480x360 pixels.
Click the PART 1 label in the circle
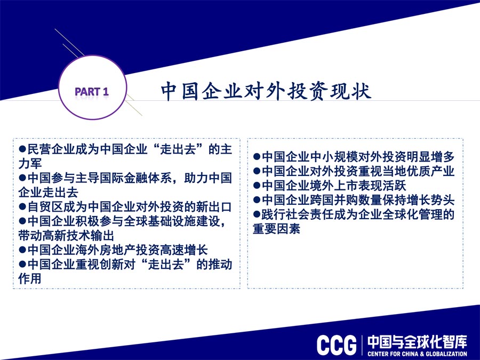[92, 91]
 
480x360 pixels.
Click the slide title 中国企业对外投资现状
[266, 91]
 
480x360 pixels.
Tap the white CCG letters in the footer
[337, 345]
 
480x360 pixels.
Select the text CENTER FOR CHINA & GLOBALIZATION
[417, 354]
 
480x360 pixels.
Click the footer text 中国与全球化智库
[417, 342]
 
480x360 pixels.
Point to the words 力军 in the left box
[30, 164]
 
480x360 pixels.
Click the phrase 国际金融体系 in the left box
[135, 178]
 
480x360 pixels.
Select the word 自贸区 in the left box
[45, 207]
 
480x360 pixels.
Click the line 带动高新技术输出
[66, 236]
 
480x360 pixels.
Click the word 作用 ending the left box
[30, 278]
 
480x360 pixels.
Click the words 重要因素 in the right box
[276, 229]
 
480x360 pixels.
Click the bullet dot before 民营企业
[22, 149]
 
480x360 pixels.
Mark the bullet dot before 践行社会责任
[257, 214]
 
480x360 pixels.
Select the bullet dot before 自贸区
[22, 206]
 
